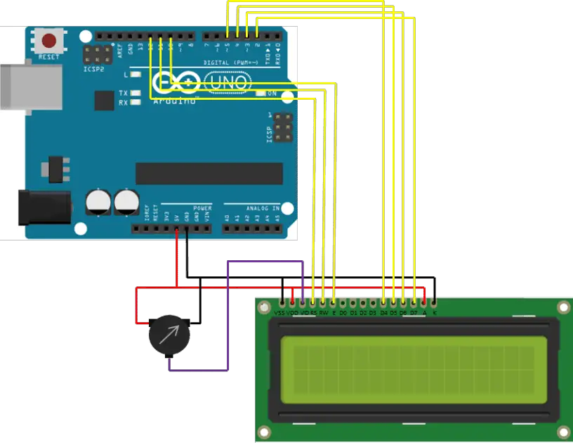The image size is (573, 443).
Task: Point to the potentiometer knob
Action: click(x=169, y=336)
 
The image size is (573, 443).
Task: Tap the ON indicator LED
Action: click(x=261, y=94)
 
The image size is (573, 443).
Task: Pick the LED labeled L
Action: click(x=136, y=74)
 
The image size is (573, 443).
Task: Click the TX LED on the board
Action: click(x=136, y=93)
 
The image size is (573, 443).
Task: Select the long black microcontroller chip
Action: click(x=209, y=173)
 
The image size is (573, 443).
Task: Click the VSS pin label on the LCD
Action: click(x=279, y=312)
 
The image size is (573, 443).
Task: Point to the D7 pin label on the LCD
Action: click(x=414, y=312)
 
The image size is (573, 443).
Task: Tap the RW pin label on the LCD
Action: click(x=323, y=312)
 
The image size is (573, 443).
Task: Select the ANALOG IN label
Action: click(x=261, y=208)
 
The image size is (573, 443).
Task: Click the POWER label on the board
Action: click(x=202, y=208)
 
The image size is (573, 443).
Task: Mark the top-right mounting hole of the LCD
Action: click(x=562, y=307)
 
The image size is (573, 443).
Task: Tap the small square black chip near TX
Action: click(x=104, y=101)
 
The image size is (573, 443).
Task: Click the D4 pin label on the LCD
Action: click(x=383, y=312)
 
